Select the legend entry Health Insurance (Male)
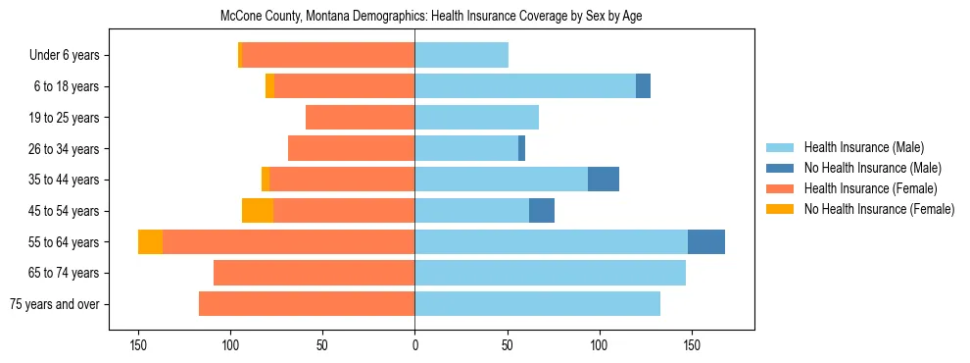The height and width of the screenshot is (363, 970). point(862,147)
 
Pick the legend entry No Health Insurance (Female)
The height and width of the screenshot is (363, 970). point(879,209)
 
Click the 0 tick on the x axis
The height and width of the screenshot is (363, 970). point(414,344)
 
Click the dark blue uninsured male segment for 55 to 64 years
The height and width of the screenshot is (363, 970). point(706,241)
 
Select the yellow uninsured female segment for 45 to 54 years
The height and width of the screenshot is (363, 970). point(258,211)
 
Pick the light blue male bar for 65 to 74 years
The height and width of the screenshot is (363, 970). point(550,273)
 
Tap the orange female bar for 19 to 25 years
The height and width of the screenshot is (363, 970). point(360,118)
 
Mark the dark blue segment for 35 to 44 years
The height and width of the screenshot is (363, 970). point(604,180)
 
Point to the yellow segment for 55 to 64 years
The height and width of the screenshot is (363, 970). point(150,241)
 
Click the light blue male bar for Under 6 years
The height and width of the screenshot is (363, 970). point(461,56)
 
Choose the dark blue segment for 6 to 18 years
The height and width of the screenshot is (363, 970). point(643,86)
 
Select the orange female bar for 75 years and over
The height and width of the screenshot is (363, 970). point(307,304)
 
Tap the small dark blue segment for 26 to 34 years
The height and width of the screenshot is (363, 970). point(521,149)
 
